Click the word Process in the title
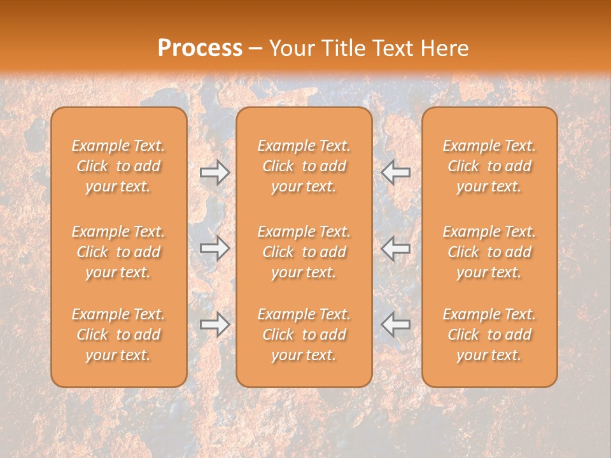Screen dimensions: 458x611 [x=200, y=48]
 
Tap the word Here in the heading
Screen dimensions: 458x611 [x=445, y=48]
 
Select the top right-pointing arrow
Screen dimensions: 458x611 [x=214, y=172]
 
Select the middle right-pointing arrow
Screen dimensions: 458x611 [x=214, y=248]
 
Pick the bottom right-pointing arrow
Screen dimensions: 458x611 [x=214, y=324]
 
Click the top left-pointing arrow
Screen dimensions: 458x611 [x=395, y=172]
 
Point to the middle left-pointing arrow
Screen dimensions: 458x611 [x=395, y=248]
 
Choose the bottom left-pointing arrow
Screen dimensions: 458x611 [x=395, y=324]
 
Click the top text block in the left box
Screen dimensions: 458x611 [x=118, y=166]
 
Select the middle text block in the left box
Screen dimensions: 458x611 [x=118, y=252]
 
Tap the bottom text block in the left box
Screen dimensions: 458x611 [x=118, y=335]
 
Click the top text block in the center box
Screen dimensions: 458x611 [x=304, y=166]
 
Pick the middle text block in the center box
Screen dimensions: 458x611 [x=304, y=252]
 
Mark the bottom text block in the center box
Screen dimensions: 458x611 [x=304, y=335]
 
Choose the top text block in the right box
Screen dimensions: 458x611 [x=489, y=166]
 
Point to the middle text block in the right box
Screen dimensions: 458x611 [x=489, y=252]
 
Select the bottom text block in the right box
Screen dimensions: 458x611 [x=489, y=335]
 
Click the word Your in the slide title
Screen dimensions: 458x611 [x=290, y=48]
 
